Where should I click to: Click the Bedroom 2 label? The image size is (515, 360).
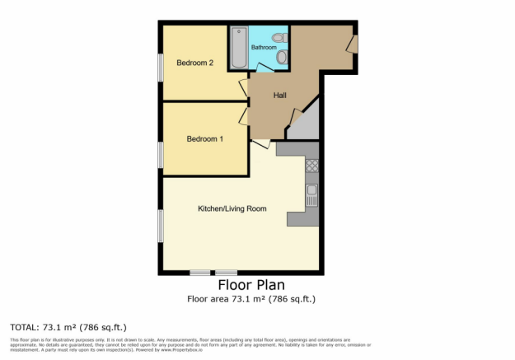[195, 63]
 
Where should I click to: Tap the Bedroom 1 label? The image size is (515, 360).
[204, 138]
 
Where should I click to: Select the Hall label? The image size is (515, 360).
[280, 96]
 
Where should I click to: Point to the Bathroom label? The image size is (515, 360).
[264, 47]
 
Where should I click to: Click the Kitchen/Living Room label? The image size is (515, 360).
[232, 209]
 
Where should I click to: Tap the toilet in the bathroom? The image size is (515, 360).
[279, 37]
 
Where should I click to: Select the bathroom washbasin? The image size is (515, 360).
[282, 57]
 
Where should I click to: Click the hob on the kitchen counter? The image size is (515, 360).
[312, 167]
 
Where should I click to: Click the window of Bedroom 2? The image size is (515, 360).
[161, 68]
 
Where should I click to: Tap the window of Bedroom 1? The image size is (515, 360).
[161, 154]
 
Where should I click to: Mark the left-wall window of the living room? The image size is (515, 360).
[161, 225]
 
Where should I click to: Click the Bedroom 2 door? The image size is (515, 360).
[244, 87]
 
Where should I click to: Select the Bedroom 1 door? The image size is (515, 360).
[244, 116]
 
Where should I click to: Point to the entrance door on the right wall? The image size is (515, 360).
[352, 44]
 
